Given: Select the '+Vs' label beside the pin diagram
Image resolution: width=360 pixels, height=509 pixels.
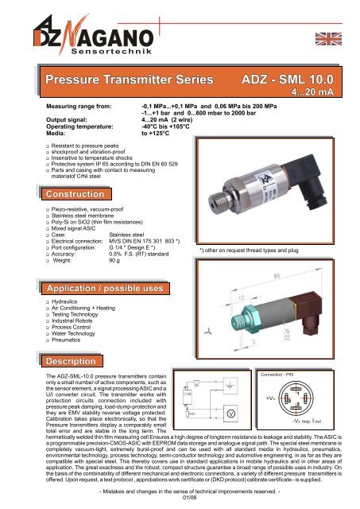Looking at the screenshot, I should tap(272, 398).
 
